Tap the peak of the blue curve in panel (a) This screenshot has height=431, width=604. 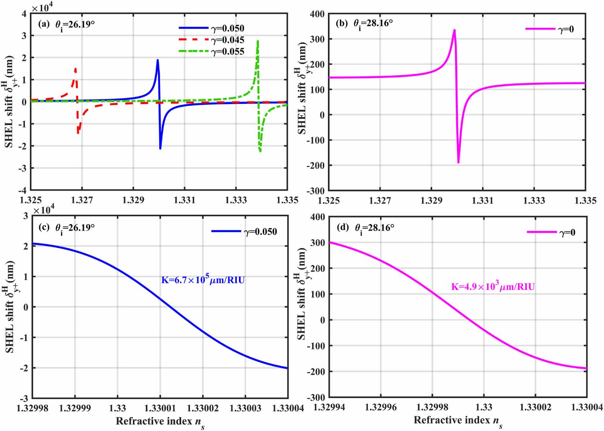(x=157, y=60)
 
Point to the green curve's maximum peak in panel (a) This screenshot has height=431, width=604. (x=258, y=41)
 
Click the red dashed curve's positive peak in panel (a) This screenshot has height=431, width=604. (x=75, y=69)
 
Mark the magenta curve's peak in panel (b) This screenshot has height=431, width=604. (x=454, y=30)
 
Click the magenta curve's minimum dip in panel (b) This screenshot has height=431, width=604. (x=458, y=163)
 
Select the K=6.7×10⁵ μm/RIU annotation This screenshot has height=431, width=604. (x=203, y=280)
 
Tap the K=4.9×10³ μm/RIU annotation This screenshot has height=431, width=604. (x=493, y=286)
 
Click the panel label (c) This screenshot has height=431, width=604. (x=44, y=227)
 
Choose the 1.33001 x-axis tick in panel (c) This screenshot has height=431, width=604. (x=160, y=408)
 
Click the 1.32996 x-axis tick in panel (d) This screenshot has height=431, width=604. (x=381, y=407)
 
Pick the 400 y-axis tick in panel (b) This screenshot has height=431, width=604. (x=317, y=14)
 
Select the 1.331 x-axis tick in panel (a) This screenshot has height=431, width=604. (x=185, y=200)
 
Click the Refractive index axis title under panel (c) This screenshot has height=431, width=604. (x=160, y=422)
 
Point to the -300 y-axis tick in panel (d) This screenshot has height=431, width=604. (x=316, y=397)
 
